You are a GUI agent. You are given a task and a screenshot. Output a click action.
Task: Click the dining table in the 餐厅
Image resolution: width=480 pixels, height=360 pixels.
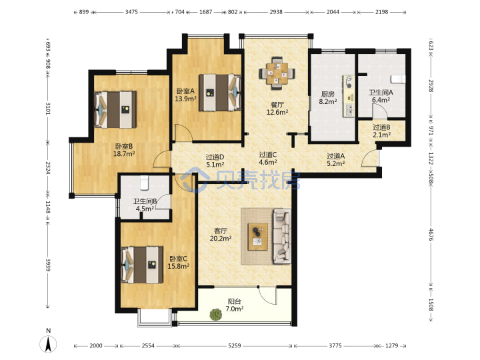click(277, 73)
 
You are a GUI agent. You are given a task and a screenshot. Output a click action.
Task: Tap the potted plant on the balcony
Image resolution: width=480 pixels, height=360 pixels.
click(216, 315)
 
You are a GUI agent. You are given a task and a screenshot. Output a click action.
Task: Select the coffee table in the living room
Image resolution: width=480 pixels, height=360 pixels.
click(258, 237)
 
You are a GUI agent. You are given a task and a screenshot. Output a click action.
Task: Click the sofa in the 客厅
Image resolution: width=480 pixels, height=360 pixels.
click(282, 236)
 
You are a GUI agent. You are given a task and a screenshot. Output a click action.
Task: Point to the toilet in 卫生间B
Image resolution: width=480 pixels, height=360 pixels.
click(145, 183)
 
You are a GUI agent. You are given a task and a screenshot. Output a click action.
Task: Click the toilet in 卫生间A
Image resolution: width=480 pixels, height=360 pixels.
click(398, 79)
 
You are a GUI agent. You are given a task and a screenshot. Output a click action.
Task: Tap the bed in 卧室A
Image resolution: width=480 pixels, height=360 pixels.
click(219, 92)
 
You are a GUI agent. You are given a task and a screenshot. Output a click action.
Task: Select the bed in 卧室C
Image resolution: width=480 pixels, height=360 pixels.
click(142, 265)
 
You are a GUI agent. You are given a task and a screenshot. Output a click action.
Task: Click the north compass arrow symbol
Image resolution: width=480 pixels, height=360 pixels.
click(48, 344)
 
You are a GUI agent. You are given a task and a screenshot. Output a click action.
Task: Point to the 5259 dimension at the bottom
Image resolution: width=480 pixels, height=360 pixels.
click(235, 345)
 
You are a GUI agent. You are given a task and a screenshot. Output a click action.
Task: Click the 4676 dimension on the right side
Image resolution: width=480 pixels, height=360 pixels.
click(431, 234)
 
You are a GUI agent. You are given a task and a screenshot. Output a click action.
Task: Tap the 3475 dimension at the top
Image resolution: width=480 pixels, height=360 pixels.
click(131, 12)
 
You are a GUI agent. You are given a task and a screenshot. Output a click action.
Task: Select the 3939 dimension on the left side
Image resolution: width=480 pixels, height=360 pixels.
click(48, 265)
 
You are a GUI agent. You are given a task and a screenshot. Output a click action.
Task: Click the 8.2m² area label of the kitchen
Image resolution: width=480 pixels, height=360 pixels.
click(328, 101)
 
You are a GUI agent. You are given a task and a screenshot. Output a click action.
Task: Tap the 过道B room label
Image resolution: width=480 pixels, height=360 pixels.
click(381, 127)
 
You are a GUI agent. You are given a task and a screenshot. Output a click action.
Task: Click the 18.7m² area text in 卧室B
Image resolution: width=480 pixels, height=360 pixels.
click(124, 154)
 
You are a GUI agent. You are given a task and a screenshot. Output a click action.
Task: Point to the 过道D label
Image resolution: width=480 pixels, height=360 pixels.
click(215, 157)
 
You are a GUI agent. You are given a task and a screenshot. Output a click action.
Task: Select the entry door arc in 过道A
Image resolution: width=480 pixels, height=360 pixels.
click(369, 158)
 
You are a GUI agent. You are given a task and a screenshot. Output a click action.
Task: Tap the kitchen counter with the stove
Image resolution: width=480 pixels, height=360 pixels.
click(349, 96)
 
